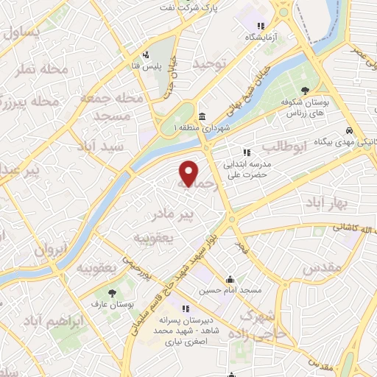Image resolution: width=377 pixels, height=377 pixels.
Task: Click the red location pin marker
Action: tap(189, 173)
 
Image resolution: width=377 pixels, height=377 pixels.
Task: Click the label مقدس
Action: tap(323, 266)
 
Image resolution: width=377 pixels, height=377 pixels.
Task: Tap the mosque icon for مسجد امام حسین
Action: tap(230, 279)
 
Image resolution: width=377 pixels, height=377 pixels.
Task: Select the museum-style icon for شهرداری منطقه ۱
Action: tap(202, 116)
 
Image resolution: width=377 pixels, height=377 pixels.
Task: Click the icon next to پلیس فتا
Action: tap(147, 53)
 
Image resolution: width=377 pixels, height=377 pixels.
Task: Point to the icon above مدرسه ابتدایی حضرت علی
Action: tap(246, 152)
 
